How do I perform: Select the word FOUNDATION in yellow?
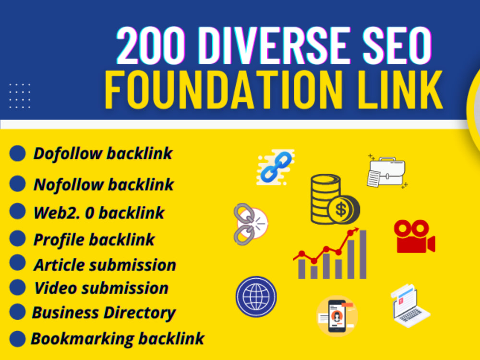224,89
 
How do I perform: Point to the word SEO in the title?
397,46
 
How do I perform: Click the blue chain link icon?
276,167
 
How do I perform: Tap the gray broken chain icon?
251,224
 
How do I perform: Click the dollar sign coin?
343,210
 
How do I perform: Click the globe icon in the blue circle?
256,297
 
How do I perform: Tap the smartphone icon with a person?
337,316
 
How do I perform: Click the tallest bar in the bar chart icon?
363,254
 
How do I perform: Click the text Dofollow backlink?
103,154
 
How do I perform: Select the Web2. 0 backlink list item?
99,213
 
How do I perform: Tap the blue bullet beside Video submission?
17,288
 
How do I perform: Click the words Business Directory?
104,313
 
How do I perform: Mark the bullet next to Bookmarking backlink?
17,339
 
